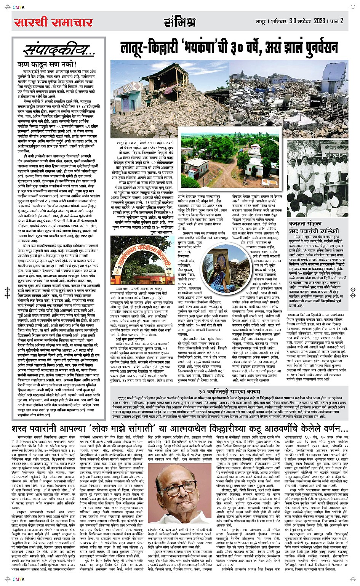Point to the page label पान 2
coord(336,21)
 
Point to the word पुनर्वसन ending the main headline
coord(322,48)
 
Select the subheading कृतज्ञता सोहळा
coord(305,224)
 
